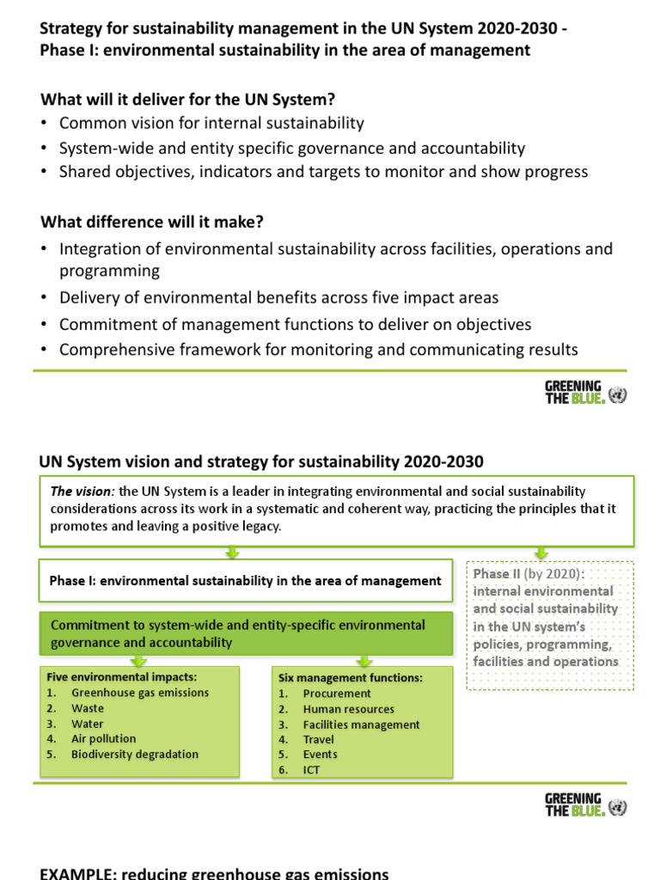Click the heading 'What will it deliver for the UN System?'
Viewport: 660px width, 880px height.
[x=187, y=100]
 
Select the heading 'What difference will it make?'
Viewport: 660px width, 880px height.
[x=152, y=222]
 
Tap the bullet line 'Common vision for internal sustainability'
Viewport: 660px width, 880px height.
[x=211, y=123]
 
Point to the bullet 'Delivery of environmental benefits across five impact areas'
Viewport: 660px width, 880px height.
[x=278, y=297]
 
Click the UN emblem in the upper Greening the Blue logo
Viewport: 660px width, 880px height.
[x=617, y=395]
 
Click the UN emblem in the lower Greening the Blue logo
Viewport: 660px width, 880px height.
[x=617, y=808]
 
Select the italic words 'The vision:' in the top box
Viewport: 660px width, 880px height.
[x=82, y=492]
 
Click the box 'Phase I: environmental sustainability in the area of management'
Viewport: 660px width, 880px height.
[x=245, y=581]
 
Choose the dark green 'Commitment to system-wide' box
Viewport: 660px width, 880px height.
[x=245, y=633]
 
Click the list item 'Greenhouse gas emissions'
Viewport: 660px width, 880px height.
[x=140, y=693]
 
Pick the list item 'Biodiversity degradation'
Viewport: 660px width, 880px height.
[x=135, y=755]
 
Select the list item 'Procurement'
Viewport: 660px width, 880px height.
[x=337, y=694]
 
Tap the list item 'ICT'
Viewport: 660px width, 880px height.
[x=311, y=770]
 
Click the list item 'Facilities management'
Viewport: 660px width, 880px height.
[x=361, y=724]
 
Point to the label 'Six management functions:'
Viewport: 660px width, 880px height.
[x=349, y=677]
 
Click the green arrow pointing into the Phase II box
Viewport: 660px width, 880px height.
[x=541, y=553]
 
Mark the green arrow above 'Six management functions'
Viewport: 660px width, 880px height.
[x=364, y=660]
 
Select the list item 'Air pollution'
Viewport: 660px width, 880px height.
[x=103, y=739]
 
